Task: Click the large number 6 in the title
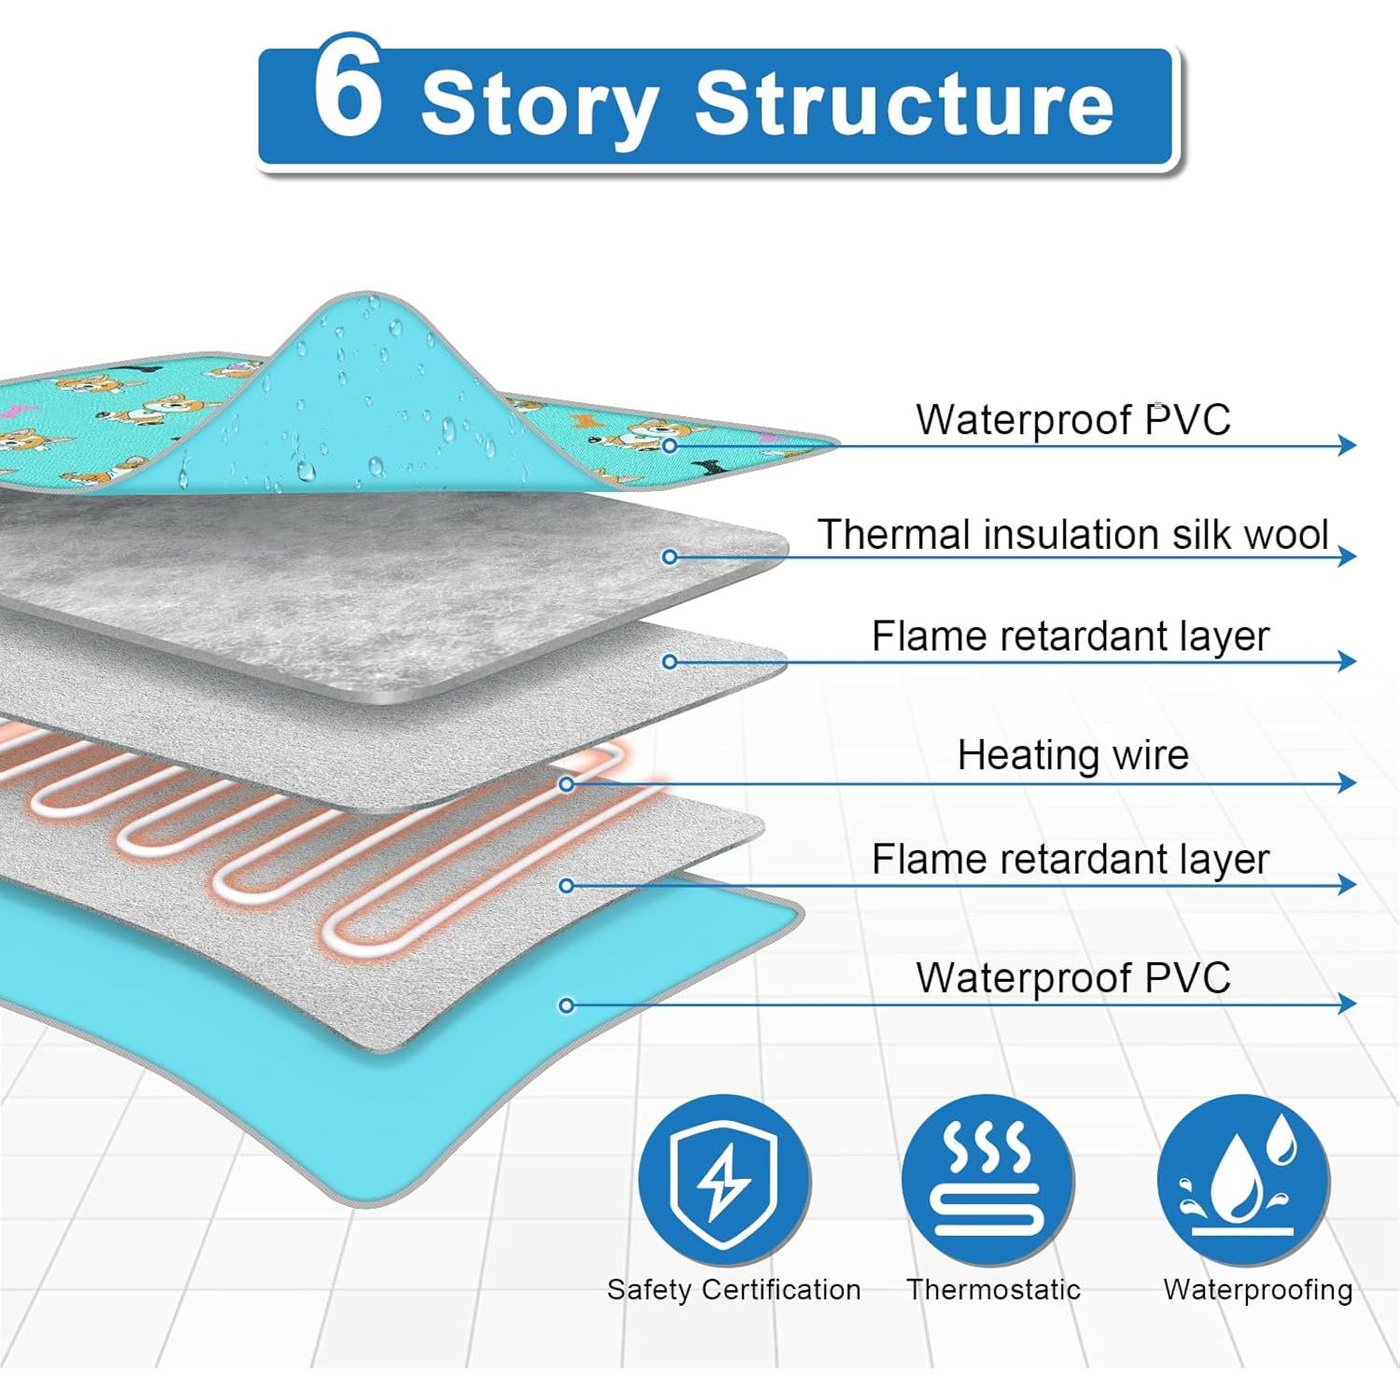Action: [x=348, y=90]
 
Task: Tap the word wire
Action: [x=1148, y=755]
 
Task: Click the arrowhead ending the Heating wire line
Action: [x=1347, y=782]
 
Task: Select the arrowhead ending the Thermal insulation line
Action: [x=1347, y=556]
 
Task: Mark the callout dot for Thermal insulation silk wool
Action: [x=669, y=557]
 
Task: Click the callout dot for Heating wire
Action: [x=567, y=784]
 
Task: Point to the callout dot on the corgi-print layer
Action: [x=669, y=446]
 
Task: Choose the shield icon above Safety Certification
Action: [x=724, y=1180]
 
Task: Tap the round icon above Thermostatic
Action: [x=987, y=1180]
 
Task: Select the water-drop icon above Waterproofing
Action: [x=1244, y=1180]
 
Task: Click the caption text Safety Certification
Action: [x=734, y=1290]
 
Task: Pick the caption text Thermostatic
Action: [x=993, y=1290]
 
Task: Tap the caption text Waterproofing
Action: [x=1257, y=1290]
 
